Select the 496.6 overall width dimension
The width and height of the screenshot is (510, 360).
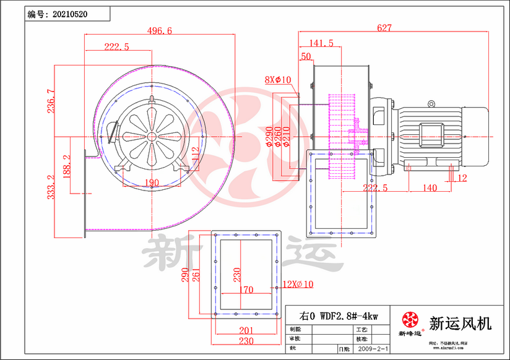(x=160, y=31)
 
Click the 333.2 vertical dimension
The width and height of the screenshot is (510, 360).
(x=51, y=186)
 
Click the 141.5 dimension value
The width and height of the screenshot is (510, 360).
(x=321, y=43)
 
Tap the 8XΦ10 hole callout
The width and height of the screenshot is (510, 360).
(x=278, y=80)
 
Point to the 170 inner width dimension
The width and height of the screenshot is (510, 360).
(x=245, y=289)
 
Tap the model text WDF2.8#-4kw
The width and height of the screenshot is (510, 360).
(x=337, y=315)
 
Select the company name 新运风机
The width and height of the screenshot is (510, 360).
(x=460, y=322)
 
